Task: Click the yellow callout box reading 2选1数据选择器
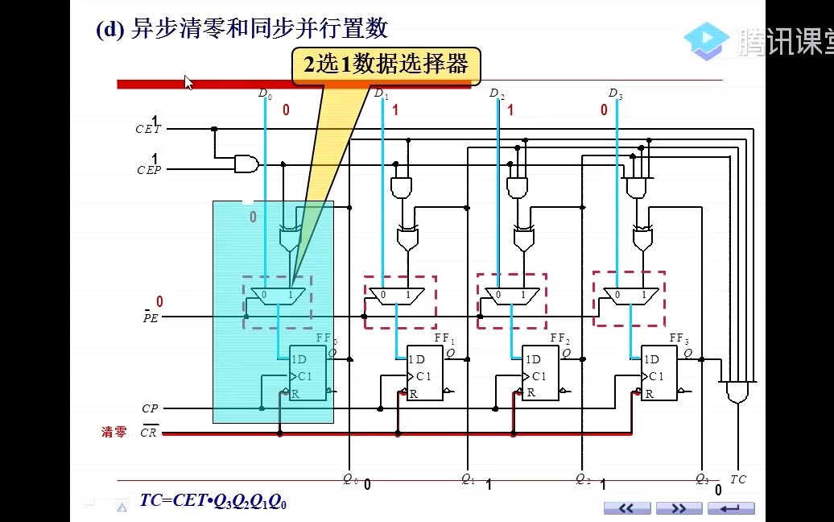[386, 65]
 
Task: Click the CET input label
[148, 129]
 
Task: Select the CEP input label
[148, 170]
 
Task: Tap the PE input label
[150, 317]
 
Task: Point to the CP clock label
[150, 409]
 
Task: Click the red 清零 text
[114, 433]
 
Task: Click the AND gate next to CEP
[246, 164]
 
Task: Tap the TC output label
[737, 479]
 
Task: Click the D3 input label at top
[615, 94]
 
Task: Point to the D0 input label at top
[264, 94]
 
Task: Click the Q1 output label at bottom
[468, 478]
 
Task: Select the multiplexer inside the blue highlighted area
[277, 296]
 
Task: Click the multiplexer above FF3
[630, 296]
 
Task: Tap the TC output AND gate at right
[737, 392]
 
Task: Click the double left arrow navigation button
[626, 508]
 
